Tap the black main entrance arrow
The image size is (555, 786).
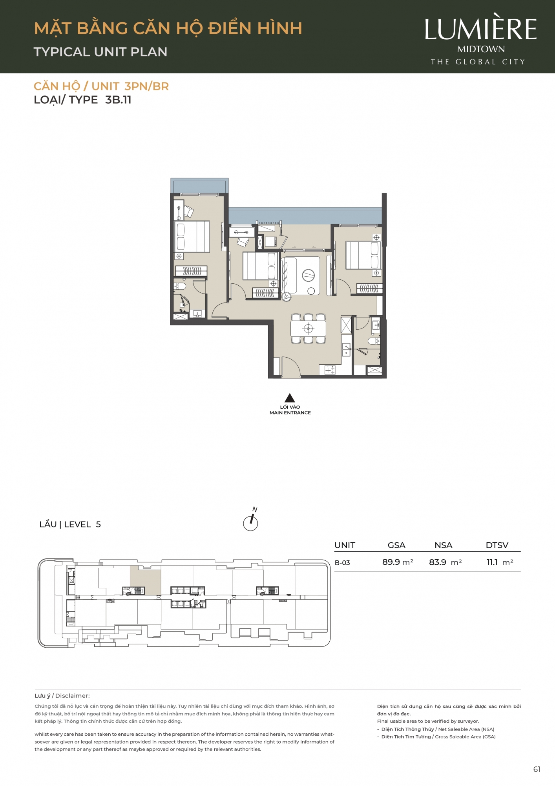point(290,398)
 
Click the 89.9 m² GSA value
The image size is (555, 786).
point(398,562)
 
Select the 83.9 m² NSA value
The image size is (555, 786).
point(445,562)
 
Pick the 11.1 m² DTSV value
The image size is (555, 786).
point(500,562)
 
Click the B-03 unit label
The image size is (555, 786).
point(342,563)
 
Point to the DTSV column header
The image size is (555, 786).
point(497,545)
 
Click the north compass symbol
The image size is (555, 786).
point(251,520)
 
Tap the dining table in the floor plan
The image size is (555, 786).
point(308,329)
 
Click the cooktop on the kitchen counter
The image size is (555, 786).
point(330,370)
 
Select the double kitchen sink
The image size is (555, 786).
point(346,349)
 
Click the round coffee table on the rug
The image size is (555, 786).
point(308,275)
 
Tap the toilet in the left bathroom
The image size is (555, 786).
point(180,286)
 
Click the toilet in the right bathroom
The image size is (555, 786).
point(374,341)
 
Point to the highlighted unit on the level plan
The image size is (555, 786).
point(146,580)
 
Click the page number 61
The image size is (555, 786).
point(537,769)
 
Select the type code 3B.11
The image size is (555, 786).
point(118,100)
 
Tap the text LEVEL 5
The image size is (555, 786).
point(82,524)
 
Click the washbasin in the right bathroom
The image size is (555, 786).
point(376,324)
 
